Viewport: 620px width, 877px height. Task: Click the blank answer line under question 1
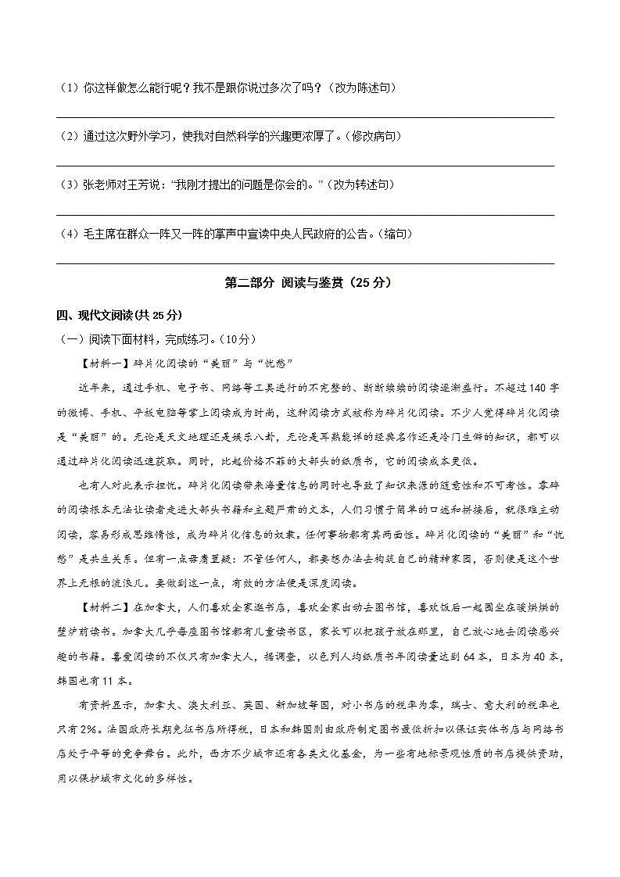click(305, 116)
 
